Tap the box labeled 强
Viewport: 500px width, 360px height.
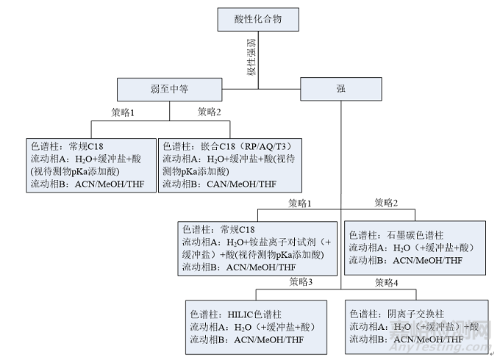(340, 90)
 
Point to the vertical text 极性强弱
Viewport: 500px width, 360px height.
(250, 57)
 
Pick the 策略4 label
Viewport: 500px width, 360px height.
(387, 282)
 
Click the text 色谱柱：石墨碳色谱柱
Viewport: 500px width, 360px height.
(396, 235)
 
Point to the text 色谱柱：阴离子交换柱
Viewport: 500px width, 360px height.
(396, 314)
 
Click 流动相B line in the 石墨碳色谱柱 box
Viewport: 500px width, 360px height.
(406, 260)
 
